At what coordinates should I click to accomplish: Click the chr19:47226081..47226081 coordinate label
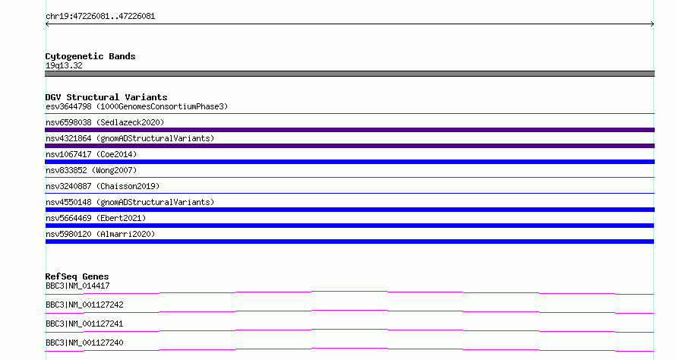tap(100, 17)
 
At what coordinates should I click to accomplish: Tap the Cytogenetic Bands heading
tap(90, 56)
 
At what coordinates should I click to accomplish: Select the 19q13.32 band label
tap(64, 65)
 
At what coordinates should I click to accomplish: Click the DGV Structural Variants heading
tap(106, 97)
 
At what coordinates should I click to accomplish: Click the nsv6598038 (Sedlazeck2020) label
tap(105, 122)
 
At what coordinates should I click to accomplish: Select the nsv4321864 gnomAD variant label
tap(130, 138)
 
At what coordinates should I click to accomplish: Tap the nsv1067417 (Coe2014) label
tap(91, 154)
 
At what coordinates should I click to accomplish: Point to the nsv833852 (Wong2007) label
tap(91, 170)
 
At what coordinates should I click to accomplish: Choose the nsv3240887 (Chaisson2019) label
tap(103, 186)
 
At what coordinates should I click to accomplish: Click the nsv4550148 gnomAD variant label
tap(130, 202)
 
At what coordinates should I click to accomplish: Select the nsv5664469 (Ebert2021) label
tap(96, 218)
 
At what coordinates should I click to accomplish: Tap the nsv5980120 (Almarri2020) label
tap(100, 234)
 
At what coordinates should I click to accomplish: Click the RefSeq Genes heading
tap(77, 276)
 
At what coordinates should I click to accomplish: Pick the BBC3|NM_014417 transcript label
tap(77, 286)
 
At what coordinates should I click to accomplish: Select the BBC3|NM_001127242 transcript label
tap(84, 305)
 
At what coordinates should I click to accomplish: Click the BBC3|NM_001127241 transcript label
tap(84, 324)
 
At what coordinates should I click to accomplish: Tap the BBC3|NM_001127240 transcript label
tap(84, 343)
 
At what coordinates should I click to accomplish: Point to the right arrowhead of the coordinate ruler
tap(652, 24)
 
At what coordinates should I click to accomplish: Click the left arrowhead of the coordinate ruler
tap(47, 24)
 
